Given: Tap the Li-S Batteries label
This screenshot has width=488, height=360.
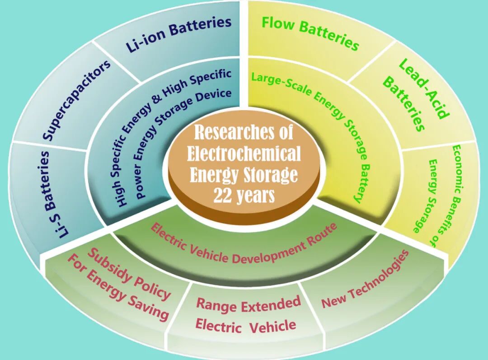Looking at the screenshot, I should pos(54,194).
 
